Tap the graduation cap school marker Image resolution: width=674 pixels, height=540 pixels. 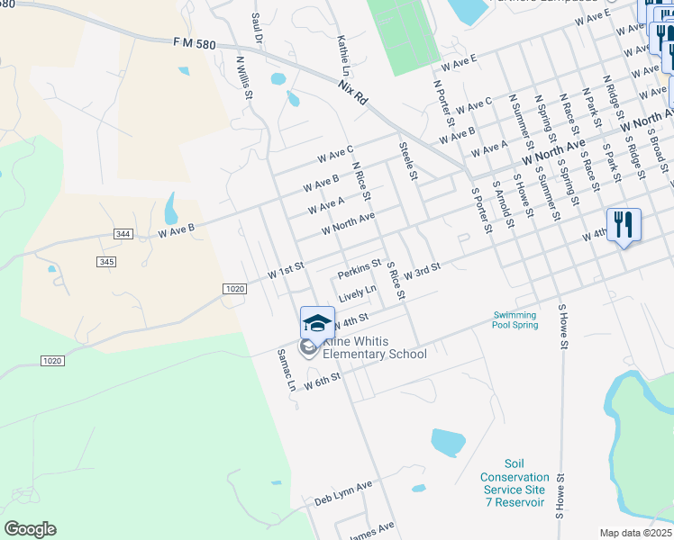(x=317, y=323)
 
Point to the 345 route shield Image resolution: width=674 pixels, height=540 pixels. (x=105, y=261)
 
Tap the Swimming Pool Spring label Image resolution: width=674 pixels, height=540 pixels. (x=515, y=320)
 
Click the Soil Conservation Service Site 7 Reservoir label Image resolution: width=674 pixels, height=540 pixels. (x=514, y=490)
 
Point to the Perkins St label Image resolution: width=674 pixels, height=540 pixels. (x=360, y=269)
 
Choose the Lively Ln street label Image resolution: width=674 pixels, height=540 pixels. (x=358, y=294)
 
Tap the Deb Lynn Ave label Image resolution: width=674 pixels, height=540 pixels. (x=343, y=493)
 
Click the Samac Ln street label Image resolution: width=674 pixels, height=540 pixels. (x=287, y=370)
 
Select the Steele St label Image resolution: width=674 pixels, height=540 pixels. (x=407, y=160)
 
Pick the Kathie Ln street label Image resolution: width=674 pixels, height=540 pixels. (x=342, y=55)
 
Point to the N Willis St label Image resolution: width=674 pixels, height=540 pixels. (x=242, y=78)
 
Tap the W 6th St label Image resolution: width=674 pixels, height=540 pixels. (x=321, y=382)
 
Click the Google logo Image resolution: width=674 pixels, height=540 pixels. (x=30, y=529)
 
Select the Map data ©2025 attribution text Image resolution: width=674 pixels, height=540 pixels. (x=634, y=533)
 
